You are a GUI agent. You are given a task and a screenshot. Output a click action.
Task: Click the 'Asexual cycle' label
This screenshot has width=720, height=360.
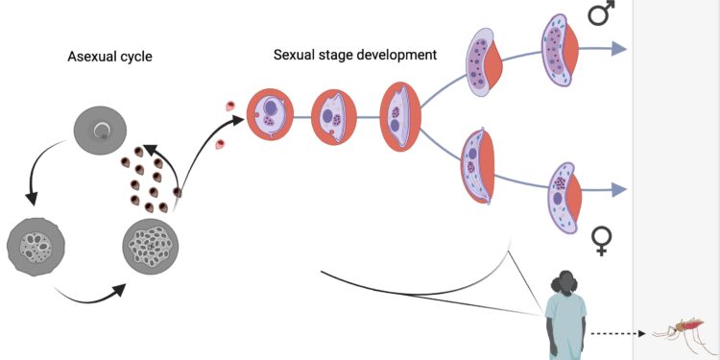[x=109, y=57]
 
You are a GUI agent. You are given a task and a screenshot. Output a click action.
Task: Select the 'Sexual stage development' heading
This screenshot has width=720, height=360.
[x=354, y=55]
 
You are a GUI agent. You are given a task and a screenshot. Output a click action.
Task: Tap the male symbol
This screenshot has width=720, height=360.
[x=601, y=14]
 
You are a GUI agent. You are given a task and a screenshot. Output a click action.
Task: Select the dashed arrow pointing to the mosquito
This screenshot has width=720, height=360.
[x=619, y=334]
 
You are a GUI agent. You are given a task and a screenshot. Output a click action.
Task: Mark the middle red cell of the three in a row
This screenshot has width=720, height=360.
[x=333, y=117]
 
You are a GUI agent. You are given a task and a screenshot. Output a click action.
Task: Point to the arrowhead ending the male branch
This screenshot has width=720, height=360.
[x=619, y=50]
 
